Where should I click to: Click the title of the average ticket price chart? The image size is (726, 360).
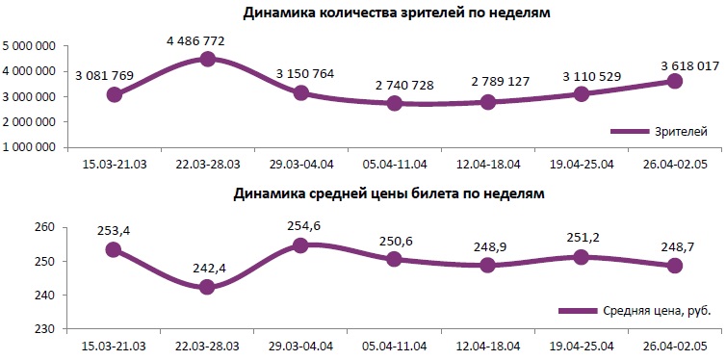pyautogui.click(x=389, y=193)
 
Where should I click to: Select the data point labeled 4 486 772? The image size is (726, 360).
pyautogui.click(x=207, y=59)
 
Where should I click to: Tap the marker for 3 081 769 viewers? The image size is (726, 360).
pyautogui.click(x=115, y=94)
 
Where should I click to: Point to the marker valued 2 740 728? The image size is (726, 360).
pyautogui.click(x=394, y=103)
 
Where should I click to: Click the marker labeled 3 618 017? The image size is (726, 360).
pyautogui.click(x=674, y=81)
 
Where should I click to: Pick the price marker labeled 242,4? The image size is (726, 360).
pyautogui.click(x=207, y=287)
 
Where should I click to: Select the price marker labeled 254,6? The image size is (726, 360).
pyautogui.click(x=300, y=245)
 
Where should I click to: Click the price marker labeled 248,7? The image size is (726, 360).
pyautogui.click(x=674, y=266)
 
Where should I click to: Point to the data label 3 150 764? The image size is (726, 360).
pyautogui.click(x=300, y=72)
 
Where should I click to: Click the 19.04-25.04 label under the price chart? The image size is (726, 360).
pyautogui.click(x=581, y=344)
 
